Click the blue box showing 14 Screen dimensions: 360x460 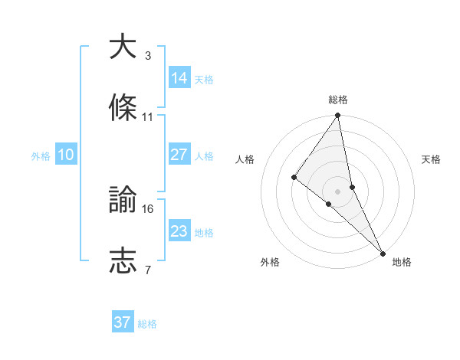point(179,78)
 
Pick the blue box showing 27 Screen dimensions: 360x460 point(179,155)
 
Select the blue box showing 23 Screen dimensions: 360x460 point(179,231)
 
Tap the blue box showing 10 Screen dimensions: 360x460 point(66,155)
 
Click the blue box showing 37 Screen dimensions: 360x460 point(123,322)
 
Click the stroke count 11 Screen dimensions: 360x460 point(148,117)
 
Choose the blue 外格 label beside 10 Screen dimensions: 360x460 point(41,156)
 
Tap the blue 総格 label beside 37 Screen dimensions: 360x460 point(147,324)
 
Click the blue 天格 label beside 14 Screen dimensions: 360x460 point(204,80)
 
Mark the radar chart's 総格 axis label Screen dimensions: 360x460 point(338,100)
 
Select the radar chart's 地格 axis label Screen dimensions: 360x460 point(402,262)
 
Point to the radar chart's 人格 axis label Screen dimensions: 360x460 point(245,159)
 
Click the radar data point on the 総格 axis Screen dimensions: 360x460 point(338,116)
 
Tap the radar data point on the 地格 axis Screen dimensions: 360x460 point(382,252)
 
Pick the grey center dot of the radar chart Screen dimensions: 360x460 point(338,191)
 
